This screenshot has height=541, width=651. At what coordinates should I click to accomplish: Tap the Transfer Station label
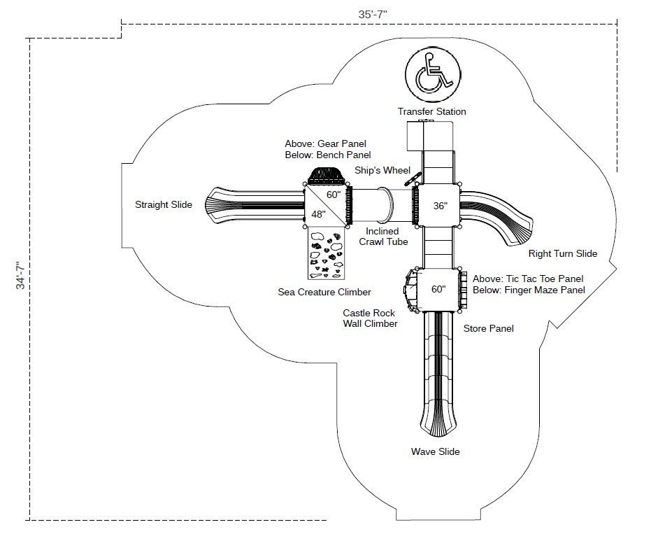(431, 111)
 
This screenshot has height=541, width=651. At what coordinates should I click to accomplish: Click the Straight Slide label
(163, 204)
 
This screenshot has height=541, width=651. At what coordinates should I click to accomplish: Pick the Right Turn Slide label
(562, 253)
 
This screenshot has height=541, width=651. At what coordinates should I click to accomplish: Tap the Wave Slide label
(435, 451)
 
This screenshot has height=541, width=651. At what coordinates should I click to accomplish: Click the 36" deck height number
(439, 206)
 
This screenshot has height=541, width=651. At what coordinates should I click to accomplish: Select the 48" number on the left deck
(318, 215)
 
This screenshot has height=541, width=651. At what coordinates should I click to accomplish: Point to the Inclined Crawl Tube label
(382, 237)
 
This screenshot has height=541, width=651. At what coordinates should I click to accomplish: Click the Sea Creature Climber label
(324, 292)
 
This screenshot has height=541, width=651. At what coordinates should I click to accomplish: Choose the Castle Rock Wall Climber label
(370, 318)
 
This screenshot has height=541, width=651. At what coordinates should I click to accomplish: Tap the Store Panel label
(488, 328)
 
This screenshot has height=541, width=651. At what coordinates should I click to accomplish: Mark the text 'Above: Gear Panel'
(325, 143)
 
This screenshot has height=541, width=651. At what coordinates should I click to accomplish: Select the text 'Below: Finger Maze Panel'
(529, 290)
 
